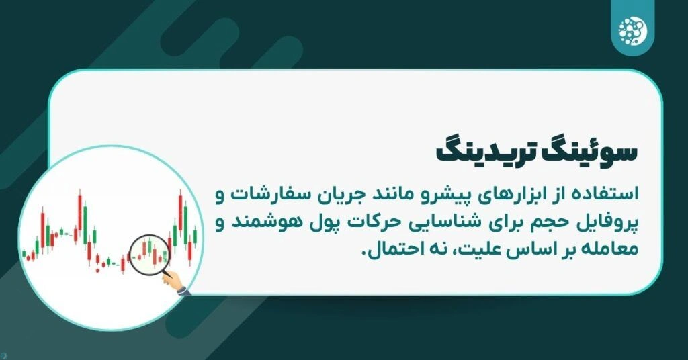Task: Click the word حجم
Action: [563, 224]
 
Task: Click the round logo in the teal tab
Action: [632, 28]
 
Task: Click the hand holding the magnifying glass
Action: [179, 285]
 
